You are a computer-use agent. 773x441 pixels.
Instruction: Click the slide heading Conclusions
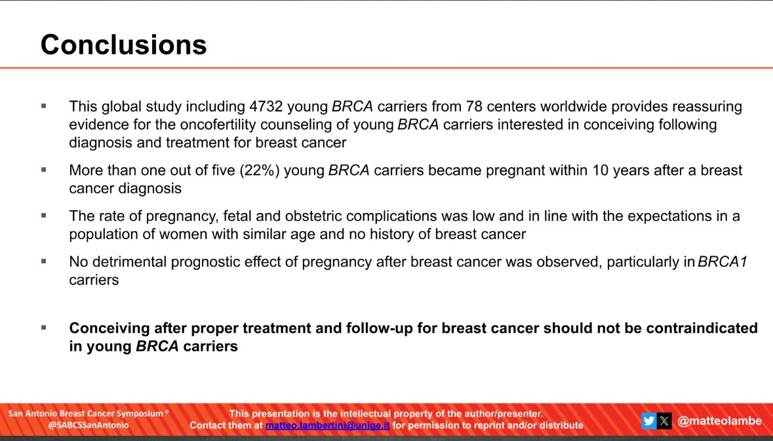(123, 45)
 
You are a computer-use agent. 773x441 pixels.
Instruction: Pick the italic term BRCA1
(723, 262)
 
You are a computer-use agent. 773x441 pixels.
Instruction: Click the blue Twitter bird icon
(649, 421)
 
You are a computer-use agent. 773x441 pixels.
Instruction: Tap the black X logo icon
(664, 421)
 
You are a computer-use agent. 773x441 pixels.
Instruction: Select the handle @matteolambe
(719, 421)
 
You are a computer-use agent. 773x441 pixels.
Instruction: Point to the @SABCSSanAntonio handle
(88, 425)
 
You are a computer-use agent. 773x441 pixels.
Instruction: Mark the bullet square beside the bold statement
(44, 327)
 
